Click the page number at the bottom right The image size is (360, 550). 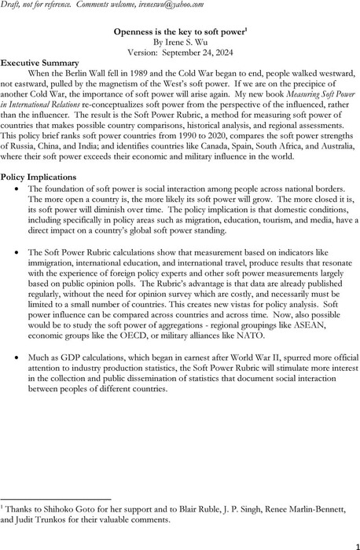351,541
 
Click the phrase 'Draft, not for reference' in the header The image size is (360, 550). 39,5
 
